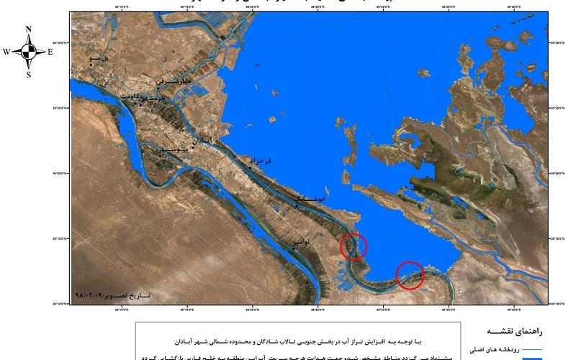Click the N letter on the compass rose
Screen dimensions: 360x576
coord(29,30)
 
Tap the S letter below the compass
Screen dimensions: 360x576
coord(29,74)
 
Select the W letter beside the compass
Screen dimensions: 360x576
coord(6,52)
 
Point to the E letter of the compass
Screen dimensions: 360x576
coord(50,52)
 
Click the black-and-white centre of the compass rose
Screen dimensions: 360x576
coord(29,52)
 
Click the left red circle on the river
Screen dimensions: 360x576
coord(354,246)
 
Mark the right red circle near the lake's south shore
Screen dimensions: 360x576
coord(410,275)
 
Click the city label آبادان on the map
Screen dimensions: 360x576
coord(199,140)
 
